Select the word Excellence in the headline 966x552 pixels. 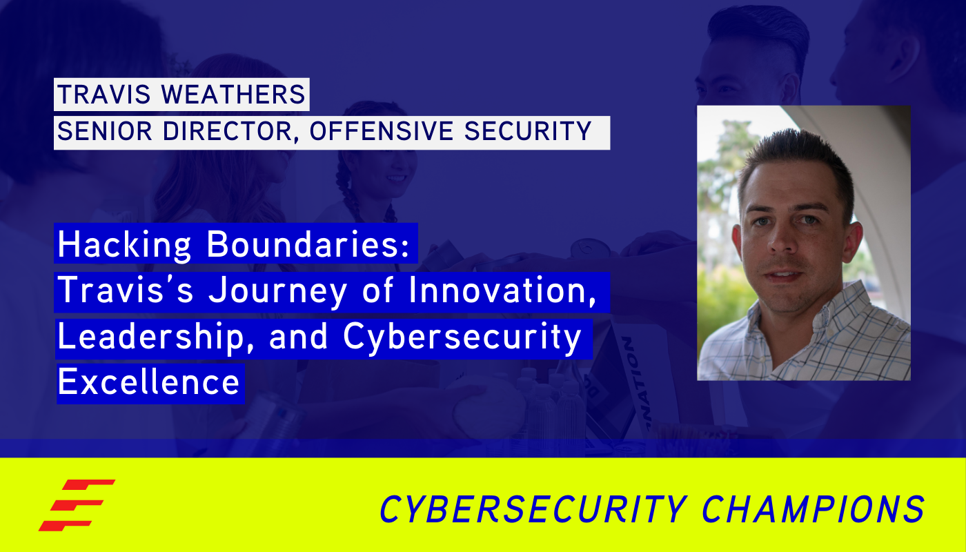(149, 382)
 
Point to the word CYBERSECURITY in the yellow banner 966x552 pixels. (531, 509)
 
